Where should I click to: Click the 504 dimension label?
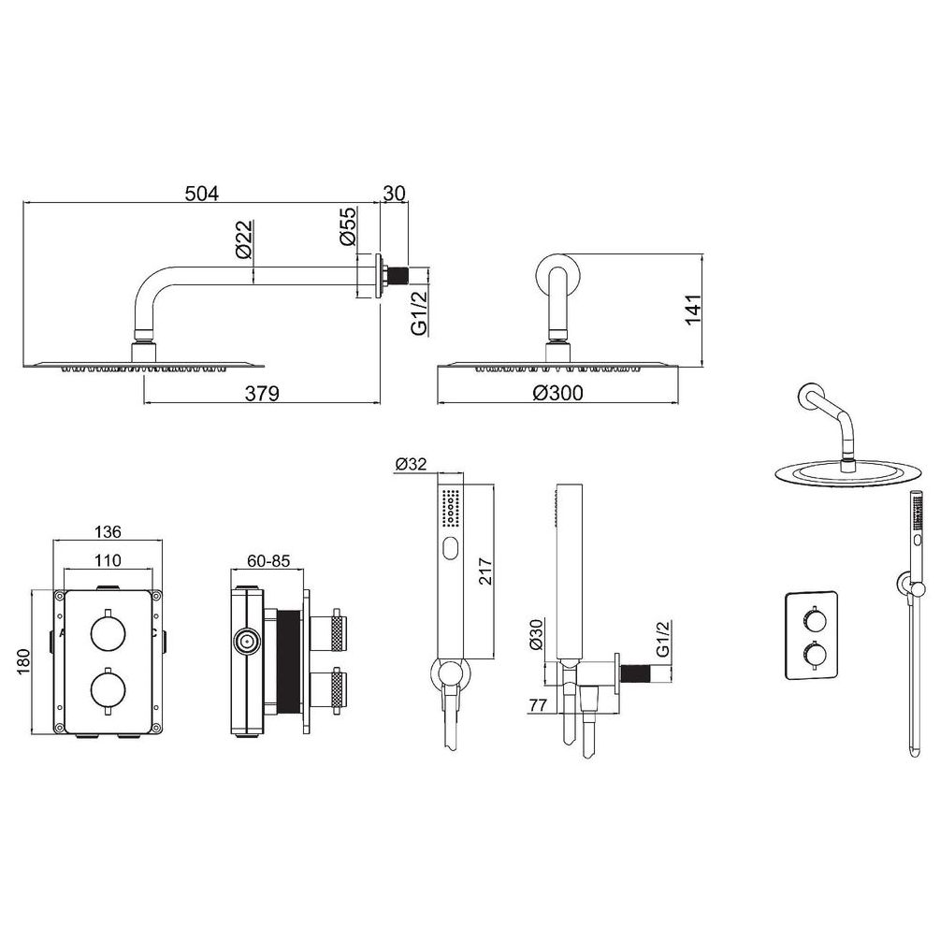pyautogui.click(x=202, y=194)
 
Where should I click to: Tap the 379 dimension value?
pyautogui.click(x=262, y=393)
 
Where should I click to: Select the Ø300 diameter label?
pyautogui.click(x=557, y=393)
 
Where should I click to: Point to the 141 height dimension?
pyautogui.click(x=694, y=310)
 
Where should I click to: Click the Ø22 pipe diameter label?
pyautogui.click(x=244, y=239)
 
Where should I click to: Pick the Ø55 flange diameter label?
pyautogui.click(x=348, y=226)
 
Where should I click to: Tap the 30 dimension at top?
pyautogui.click(x=394, y=194)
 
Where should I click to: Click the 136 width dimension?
pyautogui.click(x=108, y=532)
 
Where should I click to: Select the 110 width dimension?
pyautogui.click(x=108, y=560)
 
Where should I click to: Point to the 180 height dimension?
pyautogui.click(x=23, y=662)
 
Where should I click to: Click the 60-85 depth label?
pyautogui.click(x=268, y=560)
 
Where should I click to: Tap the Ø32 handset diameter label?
pyautogui.click(x=412, y=464)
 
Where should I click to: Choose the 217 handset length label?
pyautogui.click(x=485, y=571)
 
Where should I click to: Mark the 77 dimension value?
pyautogui.click(x=538, y=705)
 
